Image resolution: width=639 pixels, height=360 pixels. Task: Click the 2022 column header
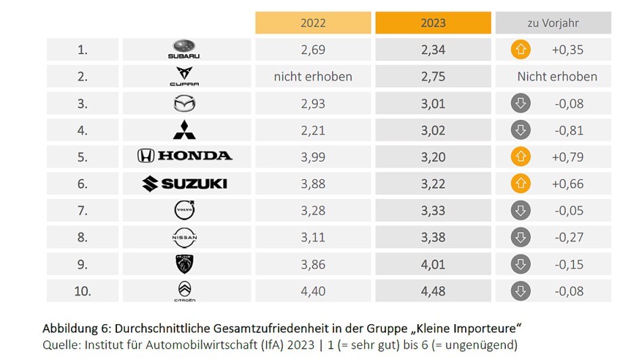point(313,23)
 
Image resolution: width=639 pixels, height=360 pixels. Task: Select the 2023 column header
point(433,23)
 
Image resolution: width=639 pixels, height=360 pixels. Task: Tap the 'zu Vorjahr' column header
point(553,23)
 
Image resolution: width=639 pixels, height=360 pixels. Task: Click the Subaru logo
point(185,49)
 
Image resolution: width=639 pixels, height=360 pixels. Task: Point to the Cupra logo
point(185,76)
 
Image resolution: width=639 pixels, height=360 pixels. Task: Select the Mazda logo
point(185,104)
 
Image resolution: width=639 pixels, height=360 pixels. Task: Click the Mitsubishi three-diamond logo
point(185,130)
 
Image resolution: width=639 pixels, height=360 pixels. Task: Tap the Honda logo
point(185,156)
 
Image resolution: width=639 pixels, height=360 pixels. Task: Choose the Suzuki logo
point(185,183)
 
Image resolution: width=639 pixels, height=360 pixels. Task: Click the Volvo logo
point(185,210)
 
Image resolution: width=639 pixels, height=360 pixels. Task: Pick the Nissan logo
point(185,238)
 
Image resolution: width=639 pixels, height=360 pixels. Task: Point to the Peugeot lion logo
point(185,264)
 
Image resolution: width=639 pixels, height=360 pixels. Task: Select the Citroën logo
point(185,291)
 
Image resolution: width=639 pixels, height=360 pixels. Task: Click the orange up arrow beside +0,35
point(521,49)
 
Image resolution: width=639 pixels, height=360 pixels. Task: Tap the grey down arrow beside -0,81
point(521,130)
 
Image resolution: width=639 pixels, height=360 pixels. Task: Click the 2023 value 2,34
point(433,49)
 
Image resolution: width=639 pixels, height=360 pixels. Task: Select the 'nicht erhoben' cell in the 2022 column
point(313,76)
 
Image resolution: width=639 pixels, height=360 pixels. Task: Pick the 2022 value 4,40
point(313,291)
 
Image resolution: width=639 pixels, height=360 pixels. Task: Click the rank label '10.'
point(82,291)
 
